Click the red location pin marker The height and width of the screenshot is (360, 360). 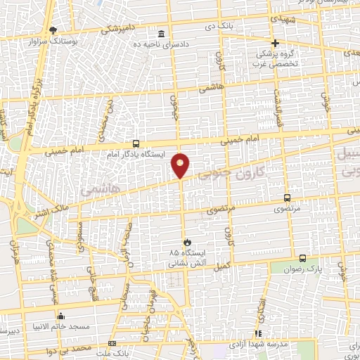click(181, 165)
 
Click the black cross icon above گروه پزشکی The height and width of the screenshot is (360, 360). click(276, 43)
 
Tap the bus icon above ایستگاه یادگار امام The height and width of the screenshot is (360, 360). click(136, 143)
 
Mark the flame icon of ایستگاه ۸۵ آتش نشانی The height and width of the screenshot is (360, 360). click(187, 242)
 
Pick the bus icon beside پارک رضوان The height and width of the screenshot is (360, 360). click(302, 257)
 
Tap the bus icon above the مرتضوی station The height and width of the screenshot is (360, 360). click(286, 198)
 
